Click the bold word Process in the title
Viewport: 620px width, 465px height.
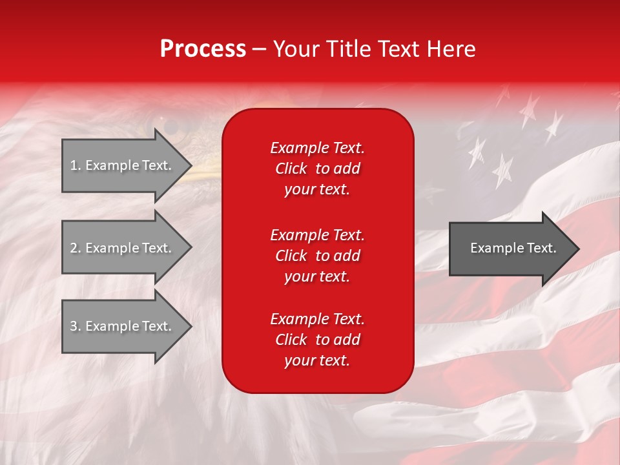(203, 49)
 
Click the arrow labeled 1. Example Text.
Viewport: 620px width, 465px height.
(123, 165)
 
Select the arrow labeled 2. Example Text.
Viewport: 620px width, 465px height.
(123, 248)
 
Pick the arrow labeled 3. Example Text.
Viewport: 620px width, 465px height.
(123, 326)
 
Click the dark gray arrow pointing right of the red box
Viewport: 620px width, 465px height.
(510, 249)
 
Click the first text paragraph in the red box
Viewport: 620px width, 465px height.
(317, 169)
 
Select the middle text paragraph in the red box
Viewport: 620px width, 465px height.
(317, 255)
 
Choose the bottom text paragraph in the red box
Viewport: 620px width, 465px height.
(317, 340)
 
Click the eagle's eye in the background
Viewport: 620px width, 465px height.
(169, 124)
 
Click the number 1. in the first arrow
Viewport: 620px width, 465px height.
(76, 165)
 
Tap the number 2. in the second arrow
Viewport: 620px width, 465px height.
(76, 248)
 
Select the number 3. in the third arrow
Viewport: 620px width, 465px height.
(76, 326)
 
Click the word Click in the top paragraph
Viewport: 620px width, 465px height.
(291, 169)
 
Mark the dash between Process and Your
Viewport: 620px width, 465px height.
(259, 49)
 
